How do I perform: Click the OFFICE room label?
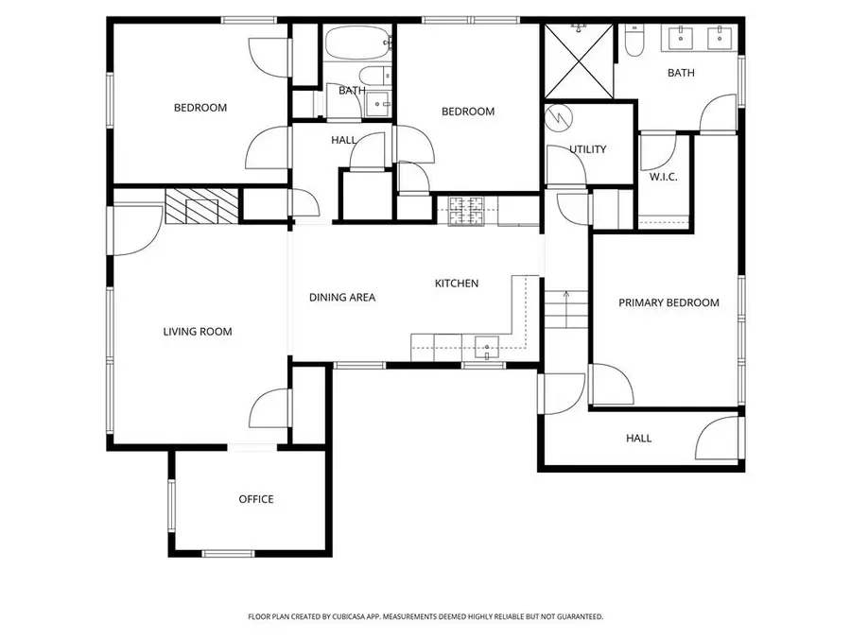pos(255,499)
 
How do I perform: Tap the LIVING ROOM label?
pos(197,332)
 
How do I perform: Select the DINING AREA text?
pos(342,298)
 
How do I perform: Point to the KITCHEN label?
pos(457,284)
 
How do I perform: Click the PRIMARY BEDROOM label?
pos(669,303)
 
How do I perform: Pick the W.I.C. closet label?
pos(663,178)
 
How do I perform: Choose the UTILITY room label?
pos(587,149)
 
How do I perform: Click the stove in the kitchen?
pos(465,210)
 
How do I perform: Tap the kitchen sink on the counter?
pos(487,347)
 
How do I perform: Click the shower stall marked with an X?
pos(578,62)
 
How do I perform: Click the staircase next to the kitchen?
pos(565,309)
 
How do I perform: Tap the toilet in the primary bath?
pos(634,38)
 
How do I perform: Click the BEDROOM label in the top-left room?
pos(200,108)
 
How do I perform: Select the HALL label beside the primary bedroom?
pos(638,439)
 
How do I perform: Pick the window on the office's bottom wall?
pos(229,553)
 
